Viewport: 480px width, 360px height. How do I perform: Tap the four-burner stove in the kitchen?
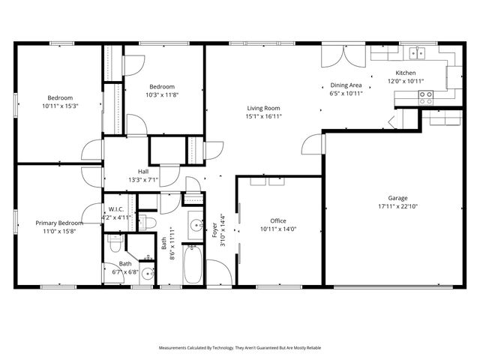[426, 96]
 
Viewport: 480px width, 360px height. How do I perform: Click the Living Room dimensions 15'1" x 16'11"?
[265, 116]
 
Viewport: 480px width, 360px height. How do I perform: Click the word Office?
[278, 221]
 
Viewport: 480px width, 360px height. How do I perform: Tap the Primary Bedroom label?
[59, 223]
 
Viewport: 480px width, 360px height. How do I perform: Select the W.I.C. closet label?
[116, 209]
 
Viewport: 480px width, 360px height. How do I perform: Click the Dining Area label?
[346, 85]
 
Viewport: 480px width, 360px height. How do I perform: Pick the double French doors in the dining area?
[335, 58]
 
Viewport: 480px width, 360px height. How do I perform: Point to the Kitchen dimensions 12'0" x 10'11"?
[406, 81]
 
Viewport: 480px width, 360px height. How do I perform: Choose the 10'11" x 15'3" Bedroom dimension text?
[60, 106]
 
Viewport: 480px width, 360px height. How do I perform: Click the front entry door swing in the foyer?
[218, 271]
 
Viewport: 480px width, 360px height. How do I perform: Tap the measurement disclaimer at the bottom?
[240, 348]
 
